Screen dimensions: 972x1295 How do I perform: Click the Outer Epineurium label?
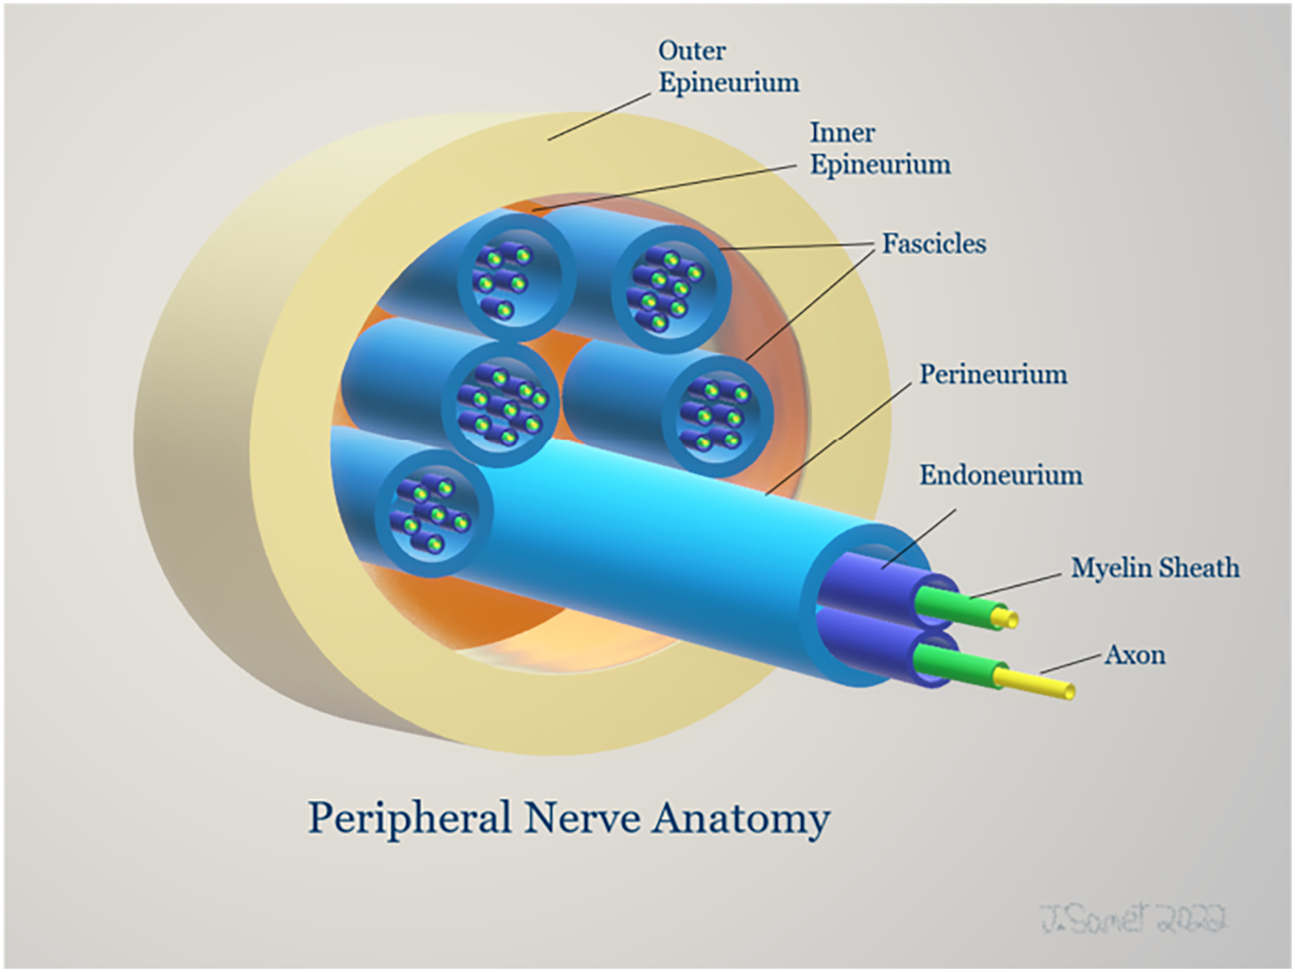tap(727, 67)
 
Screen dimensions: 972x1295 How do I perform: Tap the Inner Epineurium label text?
tap(880, 149)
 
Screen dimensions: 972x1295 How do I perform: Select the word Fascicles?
tap(934, 244)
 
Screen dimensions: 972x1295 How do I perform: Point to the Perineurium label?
tap(993, 375)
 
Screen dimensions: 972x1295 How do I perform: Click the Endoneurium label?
tap(1000, 475)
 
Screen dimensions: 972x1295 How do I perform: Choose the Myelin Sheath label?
tap(1155, 568)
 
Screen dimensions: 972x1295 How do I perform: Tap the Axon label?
tap(1135, 655)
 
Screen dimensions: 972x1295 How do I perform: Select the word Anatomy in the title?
tap(741, 819)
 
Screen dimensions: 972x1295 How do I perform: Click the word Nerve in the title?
tap(582, 819)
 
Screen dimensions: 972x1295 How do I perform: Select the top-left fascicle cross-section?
tap(516, 278)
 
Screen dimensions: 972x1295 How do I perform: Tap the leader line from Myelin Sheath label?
tap(1015, 586)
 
